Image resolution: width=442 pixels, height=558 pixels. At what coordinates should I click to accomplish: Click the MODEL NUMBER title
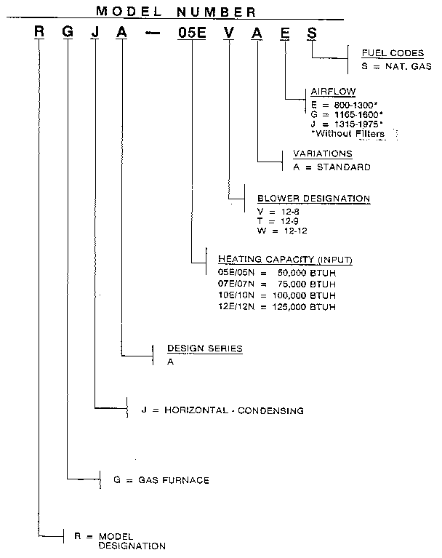(x=175, y=11)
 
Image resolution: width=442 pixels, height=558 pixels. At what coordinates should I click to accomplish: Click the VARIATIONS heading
(x=322, y=154)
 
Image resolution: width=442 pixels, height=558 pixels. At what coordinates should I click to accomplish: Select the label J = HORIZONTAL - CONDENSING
(x=223, y=410)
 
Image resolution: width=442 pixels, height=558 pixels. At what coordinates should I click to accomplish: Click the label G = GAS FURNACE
(x=162, y=480)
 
